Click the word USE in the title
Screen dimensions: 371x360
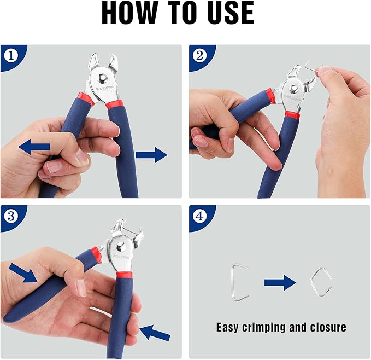point(229,13)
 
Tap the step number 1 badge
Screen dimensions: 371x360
point(11,56)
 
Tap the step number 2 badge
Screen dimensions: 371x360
point(199,56)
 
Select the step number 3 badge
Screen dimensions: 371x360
point(11,216)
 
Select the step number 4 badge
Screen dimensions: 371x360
point(199,216)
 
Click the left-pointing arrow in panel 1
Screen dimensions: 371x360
point(34,147)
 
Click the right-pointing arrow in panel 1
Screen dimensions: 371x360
point(151,155)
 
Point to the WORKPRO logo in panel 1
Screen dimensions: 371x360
point(105,88)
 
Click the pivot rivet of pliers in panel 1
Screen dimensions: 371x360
point(103,78)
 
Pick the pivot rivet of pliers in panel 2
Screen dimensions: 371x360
point(294,89)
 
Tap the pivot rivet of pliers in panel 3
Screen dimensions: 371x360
point(120,247)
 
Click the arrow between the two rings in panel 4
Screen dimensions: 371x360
point(280,282)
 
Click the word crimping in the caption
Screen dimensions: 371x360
point(263,328)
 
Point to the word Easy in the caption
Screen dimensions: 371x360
point(227,328)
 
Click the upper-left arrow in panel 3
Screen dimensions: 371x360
point(23,274)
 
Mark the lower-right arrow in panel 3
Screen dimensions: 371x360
point(155,333)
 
